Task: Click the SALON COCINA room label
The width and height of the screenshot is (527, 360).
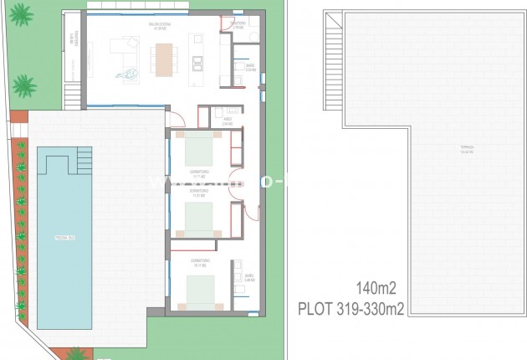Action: click(x=160, y=24)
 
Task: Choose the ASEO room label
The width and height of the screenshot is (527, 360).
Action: click(x=227, y=121)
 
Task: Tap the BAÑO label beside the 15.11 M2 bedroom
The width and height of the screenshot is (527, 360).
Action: click(x=248, y=277)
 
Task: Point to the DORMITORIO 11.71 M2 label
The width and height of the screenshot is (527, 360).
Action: click(x=199, y=173)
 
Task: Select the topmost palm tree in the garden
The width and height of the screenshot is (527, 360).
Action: click(x=20, y=14)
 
